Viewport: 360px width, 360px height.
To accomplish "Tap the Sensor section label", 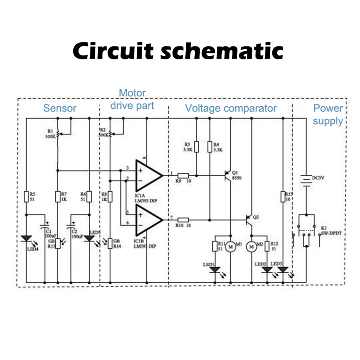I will pyautogui.click(x=60, y=108).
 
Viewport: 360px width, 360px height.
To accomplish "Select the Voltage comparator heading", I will pyautogui.click(x=231, y=108).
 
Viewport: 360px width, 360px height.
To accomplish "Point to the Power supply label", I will pyautogui.click(x=328, y=114).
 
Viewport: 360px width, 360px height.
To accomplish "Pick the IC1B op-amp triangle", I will pyautogui.click(x=148, y=219).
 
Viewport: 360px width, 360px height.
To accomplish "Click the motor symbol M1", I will pyautogui.click(x=230, y=246).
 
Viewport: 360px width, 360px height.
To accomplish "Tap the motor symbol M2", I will pyautogui.click(x=251, y=246).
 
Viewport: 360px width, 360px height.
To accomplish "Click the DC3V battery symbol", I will pyautogui.click(x=306, y=179).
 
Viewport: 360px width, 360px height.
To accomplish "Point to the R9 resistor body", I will pyautogui.click(x=183, y=175).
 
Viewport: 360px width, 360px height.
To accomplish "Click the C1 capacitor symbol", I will pyautogui.click(x=45, y=227).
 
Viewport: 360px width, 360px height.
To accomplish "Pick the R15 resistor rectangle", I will pyautogui.click(x=283, y=197).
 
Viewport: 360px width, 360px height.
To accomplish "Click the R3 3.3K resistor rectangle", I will pyautogui.click(x=197, y=147).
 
